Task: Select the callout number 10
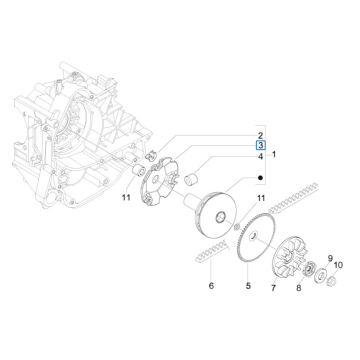338,267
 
